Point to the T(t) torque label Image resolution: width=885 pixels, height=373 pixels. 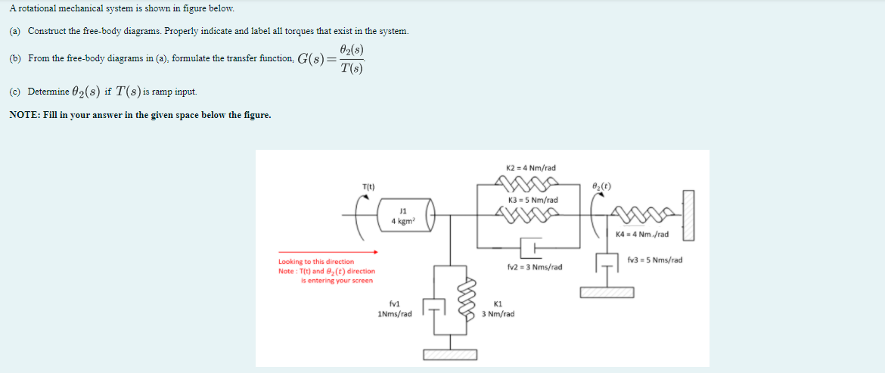(368, 186)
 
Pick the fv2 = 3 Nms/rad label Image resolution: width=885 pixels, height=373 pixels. (534, 267)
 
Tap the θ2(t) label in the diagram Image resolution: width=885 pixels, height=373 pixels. (602, 186)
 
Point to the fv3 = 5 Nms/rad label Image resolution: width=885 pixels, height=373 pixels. (654, 260)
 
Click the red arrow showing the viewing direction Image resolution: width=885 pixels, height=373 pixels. (328, 252)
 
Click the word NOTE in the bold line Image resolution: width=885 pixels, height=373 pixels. (23, 115)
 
